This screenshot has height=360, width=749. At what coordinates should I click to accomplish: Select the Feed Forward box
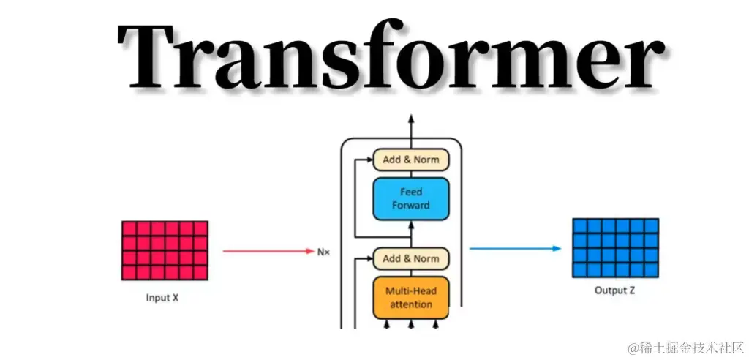pyautogui.click(x=410, y=198)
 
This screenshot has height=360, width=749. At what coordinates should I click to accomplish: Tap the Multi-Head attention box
pyautogui.click(x=410, y=297)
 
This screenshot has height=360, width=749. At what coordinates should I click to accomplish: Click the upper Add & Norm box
pyautogui.click(x=410, y=160)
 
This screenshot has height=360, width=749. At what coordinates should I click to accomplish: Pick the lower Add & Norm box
pyautogui.click(x=410, y=258)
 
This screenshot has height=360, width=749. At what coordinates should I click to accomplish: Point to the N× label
pyautogui.click(x=323, y=251)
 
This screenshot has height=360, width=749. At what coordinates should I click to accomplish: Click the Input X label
pyautogui.click(x=163, y=297)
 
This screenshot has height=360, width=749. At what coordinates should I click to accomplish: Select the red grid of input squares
pyautogui.click(x=165, y=250)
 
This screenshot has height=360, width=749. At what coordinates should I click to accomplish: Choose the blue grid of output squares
pyautogui.click(x=615, y=247)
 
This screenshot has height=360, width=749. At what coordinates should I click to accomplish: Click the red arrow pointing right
pyautogui.click(x=268, y=251)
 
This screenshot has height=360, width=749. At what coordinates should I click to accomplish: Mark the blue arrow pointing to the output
pyautogui.click(x=515, y=248)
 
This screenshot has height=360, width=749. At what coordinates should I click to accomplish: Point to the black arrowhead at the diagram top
pyautogui.click(x=410, y=119)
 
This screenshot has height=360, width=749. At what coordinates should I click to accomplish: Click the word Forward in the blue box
pyautogui.click(x=410, y=206)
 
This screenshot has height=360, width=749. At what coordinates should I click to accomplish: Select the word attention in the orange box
pyautogui.click(x=410, y=304)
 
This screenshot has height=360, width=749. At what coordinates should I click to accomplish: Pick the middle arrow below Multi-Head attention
pyautogui.click(x=410, y=323)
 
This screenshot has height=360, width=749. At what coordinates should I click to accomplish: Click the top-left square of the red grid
pyautogui.click(x=129, y=228)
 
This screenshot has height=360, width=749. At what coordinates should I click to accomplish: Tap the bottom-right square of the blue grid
pyautogui.click(x=651, y=270)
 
